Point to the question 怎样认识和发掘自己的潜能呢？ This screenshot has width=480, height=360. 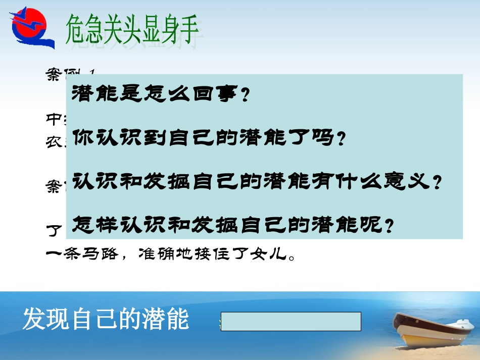(233, 224)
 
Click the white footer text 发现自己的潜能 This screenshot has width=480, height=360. (106, 320)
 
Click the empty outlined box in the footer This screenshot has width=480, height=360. (292, 321)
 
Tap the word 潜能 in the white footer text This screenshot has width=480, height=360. (169, 320)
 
